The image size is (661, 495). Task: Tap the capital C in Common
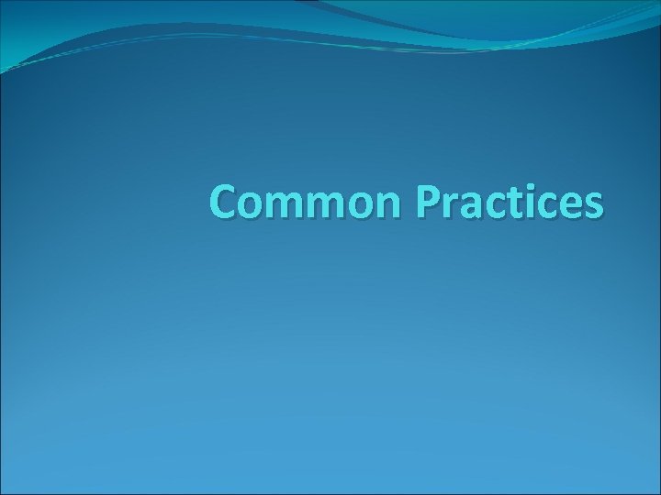tap(223, 203)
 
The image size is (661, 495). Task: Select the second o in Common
tap(356, 206)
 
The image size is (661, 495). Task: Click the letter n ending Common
tap(386, 206)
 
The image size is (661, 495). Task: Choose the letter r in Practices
tap(449, 206)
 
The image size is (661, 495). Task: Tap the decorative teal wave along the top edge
tap(413, 23)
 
